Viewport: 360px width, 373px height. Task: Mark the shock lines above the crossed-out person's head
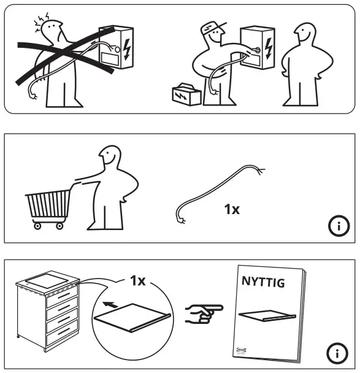point(40,19)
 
